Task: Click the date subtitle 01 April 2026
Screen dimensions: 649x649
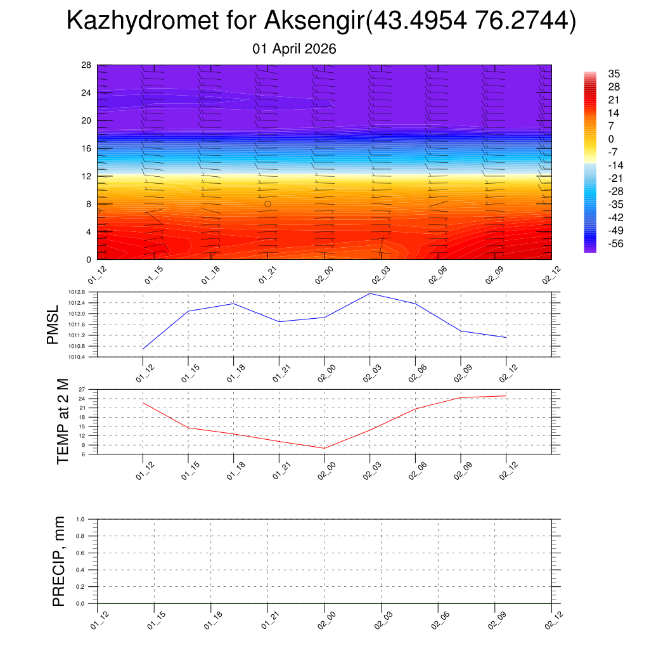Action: point(294,49)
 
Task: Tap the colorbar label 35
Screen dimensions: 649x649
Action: point(614,74)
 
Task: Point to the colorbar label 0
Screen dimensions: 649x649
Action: point(611,139)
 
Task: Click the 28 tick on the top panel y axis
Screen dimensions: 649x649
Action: point(87,65)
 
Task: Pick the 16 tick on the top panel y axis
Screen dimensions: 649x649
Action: point(87,148)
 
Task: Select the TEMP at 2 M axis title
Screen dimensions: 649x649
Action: point(62,421)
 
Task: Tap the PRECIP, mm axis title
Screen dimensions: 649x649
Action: point(59,561)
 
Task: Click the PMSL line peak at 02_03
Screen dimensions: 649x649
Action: point(370,293)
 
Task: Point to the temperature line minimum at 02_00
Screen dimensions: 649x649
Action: point(324,448)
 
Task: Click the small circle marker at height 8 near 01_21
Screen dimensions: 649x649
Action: point(267,204)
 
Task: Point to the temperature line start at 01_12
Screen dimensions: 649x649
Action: point(143,402)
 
